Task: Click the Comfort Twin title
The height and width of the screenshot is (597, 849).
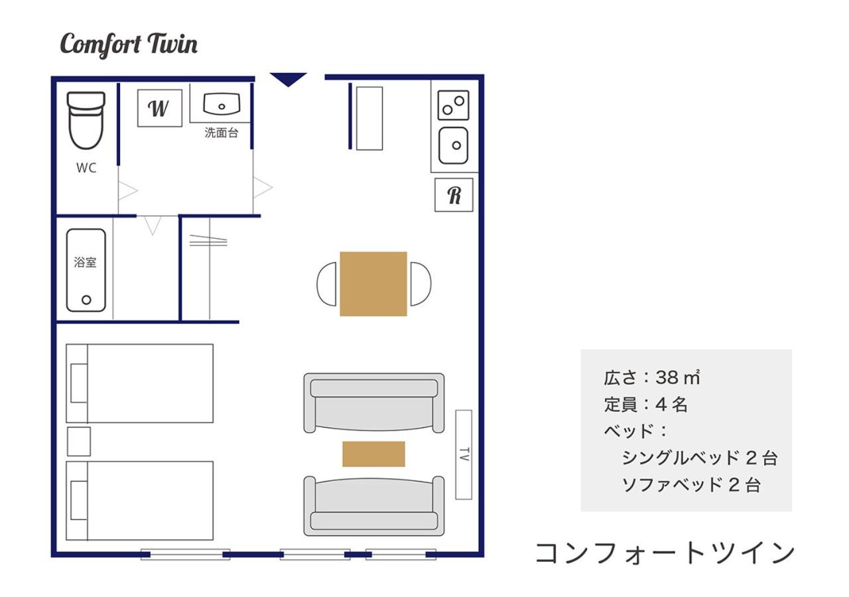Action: [129, 45]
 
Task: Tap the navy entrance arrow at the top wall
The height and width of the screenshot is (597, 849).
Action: [288, 78]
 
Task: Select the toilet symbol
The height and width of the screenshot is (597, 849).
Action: [86, 121]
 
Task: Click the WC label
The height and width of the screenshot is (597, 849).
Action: [86, 168]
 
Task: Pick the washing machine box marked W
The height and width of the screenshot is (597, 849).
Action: [160, 108]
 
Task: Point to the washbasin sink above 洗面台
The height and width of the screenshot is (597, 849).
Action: [222, 104]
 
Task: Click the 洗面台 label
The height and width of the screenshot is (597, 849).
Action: [222, 133]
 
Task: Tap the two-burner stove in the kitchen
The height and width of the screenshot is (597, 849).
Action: [453, 105]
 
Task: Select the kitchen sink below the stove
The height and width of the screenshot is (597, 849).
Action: [453, 145]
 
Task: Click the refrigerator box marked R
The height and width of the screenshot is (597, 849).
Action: [454, 195]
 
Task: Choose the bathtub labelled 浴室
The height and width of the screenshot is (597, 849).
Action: [86, 270]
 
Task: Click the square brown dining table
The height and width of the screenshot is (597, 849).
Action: [373, 284]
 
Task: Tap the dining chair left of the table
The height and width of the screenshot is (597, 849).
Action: [326, 284]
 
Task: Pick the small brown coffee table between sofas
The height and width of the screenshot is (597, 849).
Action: [373, 454]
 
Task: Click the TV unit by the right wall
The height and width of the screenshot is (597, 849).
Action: [464, 454]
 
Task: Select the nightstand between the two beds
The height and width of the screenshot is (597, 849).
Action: [79, 442]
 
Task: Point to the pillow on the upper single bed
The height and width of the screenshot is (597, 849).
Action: [79, 383]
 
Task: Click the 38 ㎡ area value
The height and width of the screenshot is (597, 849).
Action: [678, 377]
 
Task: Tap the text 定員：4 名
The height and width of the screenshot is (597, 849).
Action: [646, 405]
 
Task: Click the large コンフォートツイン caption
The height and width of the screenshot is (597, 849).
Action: [665, 553]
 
